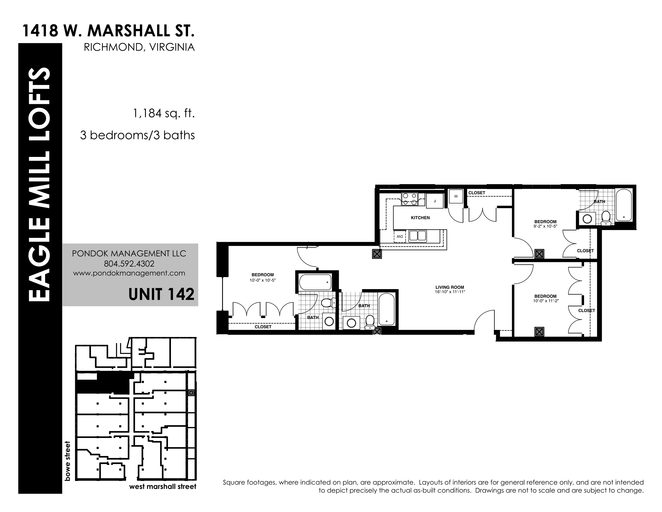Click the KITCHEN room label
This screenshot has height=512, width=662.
coord(420,217)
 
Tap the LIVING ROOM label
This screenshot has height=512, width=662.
coord(450,287)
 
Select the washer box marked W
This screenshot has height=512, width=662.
coord(456,196)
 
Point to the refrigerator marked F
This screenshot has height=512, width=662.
coord(435,201)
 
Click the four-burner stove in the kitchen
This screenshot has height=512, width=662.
coord(410,199)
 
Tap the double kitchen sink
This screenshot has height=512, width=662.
coord(417,236)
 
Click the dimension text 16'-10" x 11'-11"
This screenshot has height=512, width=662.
coord(450,292)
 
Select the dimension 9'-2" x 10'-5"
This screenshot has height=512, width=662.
coord(545,226)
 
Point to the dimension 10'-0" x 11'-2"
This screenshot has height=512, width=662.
coord(545,301)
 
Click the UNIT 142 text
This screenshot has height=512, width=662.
coord(161,294)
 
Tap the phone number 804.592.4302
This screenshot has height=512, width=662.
coord(129,264)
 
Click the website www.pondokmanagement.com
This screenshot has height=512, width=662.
coord(129,273)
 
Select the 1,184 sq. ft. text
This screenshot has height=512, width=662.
coord(164,114)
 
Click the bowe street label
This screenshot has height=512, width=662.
coord(67,461)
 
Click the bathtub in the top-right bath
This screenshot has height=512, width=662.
coord(624,205)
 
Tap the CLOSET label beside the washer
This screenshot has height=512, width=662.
coord(477,193)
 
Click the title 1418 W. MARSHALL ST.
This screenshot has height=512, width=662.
coord(108,31)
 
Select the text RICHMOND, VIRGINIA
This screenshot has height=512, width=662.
coord(139,47)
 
